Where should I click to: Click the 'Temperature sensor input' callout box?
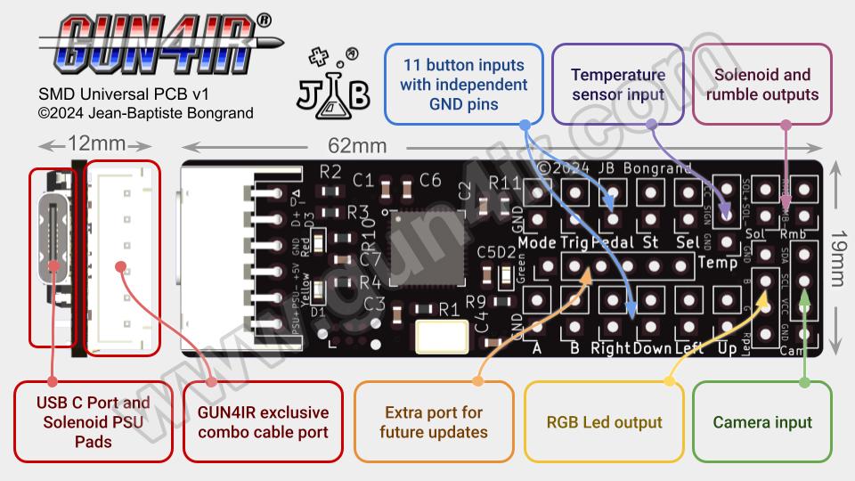(x=618, y=84)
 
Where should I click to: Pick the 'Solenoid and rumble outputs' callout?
(x=761, y=84)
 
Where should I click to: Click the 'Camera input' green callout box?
(x=761, y=422)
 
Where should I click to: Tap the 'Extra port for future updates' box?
(x=433, y=422)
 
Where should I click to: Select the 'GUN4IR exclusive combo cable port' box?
(x=263, y=422)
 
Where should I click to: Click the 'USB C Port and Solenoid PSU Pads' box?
(x=93, y=422)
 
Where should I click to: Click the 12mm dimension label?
(x=96, y=143)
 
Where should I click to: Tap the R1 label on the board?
(x=449, y=310)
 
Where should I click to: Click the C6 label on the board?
(x=430, y=180)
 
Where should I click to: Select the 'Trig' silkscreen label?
(x=574, y=242)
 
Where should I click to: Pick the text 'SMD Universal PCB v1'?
(x=124, y=94)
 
